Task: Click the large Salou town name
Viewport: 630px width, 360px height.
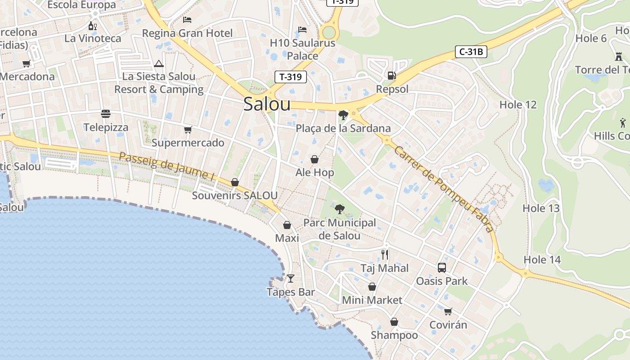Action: point(267,104)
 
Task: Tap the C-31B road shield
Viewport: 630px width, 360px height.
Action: point(471,52)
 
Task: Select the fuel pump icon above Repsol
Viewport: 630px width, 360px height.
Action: point(392,76)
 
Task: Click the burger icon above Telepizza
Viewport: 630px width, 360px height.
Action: point(106,114)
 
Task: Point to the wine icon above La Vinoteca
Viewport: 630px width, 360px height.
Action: point(93,26)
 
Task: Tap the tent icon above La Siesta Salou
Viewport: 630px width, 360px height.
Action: point(158,64)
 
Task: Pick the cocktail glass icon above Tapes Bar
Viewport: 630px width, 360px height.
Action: point(290,279)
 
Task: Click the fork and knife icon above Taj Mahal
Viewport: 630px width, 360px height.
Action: point(385,255)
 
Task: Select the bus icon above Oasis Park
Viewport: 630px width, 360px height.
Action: point(442,268)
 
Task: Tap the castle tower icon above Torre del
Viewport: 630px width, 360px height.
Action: point(618,56)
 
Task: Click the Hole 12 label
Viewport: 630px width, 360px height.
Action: point(518,105)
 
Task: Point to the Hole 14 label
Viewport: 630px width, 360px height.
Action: point(542,260)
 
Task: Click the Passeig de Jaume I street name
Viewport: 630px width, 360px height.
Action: point(166,166)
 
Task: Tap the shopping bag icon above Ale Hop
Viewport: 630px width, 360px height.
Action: point(315,159)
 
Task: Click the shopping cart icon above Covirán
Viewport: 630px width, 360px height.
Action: point(448,311)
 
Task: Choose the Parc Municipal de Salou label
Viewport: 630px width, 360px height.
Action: point(339,229)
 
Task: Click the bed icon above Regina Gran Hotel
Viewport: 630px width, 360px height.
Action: point(187,20)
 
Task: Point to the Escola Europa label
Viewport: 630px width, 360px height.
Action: point(81,5)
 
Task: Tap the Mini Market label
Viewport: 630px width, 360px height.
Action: point(372,300)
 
